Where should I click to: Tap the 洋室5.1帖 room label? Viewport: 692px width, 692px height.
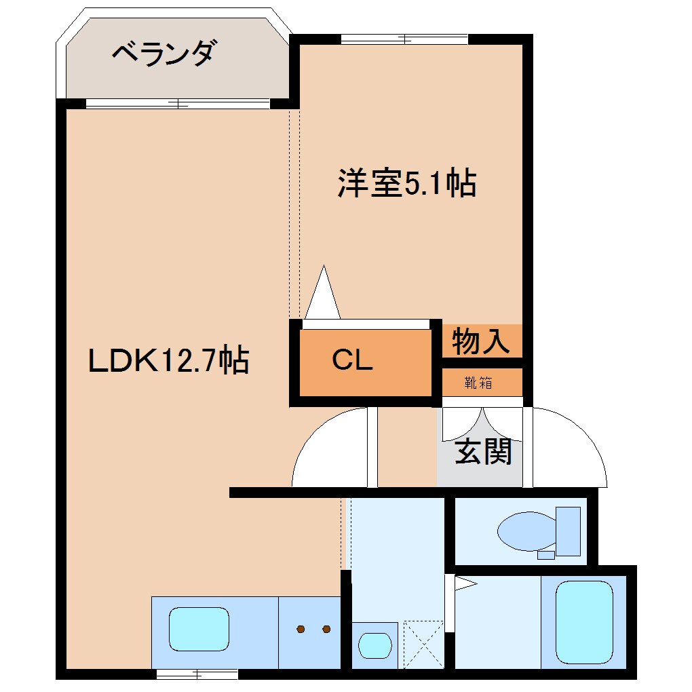406,183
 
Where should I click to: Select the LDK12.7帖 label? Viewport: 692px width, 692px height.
169,360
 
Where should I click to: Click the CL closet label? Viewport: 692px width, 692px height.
352,361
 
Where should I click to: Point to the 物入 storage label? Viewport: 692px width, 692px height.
481,341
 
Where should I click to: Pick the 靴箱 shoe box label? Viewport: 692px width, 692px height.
478,383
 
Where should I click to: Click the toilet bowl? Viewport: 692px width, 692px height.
526,531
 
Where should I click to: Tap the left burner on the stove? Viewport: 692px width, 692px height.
301,629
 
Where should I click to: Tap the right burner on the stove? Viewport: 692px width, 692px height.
326,629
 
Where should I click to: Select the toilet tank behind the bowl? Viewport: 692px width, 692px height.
568,531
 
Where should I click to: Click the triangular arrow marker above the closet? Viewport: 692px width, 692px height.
323,294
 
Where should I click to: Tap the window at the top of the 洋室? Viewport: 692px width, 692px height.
405,39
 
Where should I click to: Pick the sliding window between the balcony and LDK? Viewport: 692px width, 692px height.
178,104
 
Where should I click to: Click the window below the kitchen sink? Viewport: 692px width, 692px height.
197,674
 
